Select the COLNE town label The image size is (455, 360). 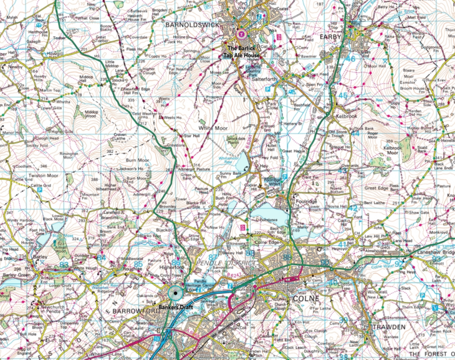(307, 299)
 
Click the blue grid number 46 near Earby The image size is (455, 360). (350, 59)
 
